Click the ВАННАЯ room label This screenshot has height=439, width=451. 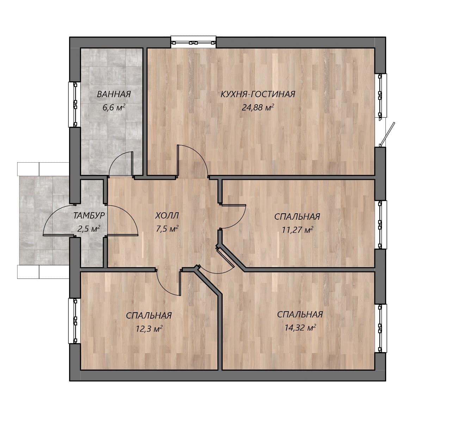pos(114,94)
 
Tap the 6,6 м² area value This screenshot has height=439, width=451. pos(114,108)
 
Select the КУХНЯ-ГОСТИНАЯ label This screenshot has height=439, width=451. pos(258,94)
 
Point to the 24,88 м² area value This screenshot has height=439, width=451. pos(258,107)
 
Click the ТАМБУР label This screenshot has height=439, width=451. pos(89,215)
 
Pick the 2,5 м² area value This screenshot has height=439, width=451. pos(89,229)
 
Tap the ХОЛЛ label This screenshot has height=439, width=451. pos(167,216)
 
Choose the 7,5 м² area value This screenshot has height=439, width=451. pos(167,229)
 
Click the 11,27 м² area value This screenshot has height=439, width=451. pos(297,230)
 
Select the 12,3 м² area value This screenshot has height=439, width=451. pos(149,329)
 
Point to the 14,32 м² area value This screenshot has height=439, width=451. pos(300,328)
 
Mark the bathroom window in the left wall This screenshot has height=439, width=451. pos(75,104)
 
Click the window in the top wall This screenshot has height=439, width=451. pos(193,42)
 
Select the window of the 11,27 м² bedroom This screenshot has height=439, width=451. pos(380,225)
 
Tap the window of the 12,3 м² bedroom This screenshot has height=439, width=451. pos(75,321)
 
